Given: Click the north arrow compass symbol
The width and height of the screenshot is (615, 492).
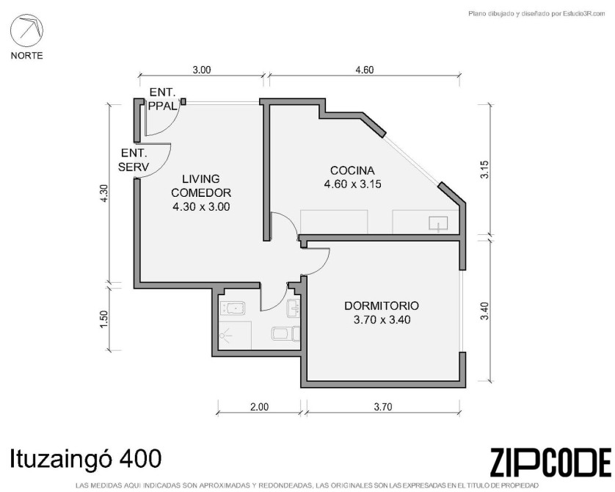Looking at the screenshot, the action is pyautogui.click(x=26, y=30).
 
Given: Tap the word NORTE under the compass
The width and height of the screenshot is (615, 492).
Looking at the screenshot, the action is pyautogui.click(x=26, y=56).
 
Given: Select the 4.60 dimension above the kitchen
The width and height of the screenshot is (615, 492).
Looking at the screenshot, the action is pyautogui.click(x=364, y=70).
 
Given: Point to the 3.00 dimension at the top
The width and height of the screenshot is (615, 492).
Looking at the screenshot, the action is pyautogui.click(x=202, y=70).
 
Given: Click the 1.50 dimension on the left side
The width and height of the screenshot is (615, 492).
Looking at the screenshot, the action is pyautogui.click(x=103, y=319).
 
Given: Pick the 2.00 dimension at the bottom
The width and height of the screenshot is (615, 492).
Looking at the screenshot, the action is pyautogui.click(x=259, y=407).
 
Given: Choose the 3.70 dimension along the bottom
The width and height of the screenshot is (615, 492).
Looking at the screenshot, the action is pyautogui.click(x=383, y=407).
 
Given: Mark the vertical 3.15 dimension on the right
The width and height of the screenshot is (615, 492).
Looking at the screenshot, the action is pyautogui.click(x=485, y=170).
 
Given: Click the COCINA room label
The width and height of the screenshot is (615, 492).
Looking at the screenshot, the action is pyautogui.click(x=352, y=170).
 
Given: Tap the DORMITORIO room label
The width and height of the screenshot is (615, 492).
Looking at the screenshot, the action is pyautogui.click(x=382, y=305).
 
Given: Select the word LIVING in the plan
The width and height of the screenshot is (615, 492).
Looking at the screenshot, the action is pyautogui.click(x=201, y=179).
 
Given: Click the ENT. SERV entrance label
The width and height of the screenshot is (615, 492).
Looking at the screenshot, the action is pyautogui.click(x=134, y=159).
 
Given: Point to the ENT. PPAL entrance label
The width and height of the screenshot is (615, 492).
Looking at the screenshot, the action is pyautogui.click(x=162, y=99).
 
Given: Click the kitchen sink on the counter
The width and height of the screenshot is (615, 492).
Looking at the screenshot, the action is pyautogui.click(x=438, y=224).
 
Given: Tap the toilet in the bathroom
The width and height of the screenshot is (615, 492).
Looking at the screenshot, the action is pyautogui.click(x=285, y=334).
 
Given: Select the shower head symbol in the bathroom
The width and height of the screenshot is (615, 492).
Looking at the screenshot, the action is pyautogui.click(x=225, y=336).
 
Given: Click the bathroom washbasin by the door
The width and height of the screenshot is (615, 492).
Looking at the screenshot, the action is pyautogui.click(x=294, y=308).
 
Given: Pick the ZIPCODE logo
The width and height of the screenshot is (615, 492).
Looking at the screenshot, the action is pyautogui.click(x=550, y=462).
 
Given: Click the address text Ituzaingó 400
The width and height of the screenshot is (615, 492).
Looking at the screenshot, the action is pyautogui.click(x=85, y=459).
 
